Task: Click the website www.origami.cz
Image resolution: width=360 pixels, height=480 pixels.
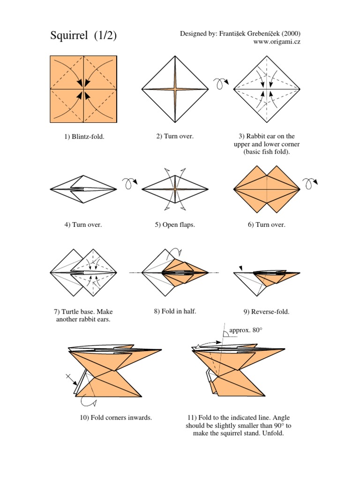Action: (x=277, y=42)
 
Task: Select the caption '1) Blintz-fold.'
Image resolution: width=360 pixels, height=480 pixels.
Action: (x=84, y=137)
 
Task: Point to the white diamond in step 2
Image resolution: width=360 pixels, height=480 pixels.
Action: (x=175, y=89)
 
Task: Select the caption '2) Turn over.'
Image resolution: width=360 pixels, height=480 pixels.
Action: (x=175, y=136)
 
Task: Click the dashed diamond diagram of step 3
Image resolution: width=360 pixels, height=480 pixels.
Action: (x=267, y=89)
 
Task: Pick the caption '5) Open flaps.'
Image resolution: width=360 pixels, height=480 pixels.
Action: (x=175, y=225)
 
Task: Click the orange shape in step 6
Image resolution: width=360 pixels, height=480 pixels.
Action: (x=267, y=189)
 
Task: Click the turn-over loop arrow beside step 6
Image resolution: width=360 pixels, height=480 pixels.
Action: (x=311, y=182)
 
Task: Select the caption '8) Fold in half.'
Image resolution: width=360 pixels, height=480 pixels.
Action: (x=175, y=311)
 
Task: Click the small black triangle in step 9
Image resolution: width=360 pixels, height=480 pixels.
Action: (x=241, y=268)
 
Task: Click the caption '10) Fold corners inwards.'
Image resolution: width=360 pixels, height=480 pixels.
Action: (x=115, y=418)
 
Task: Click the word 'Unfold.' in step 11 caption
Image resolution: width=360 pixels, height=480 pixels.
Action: (x=272, y=433)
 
